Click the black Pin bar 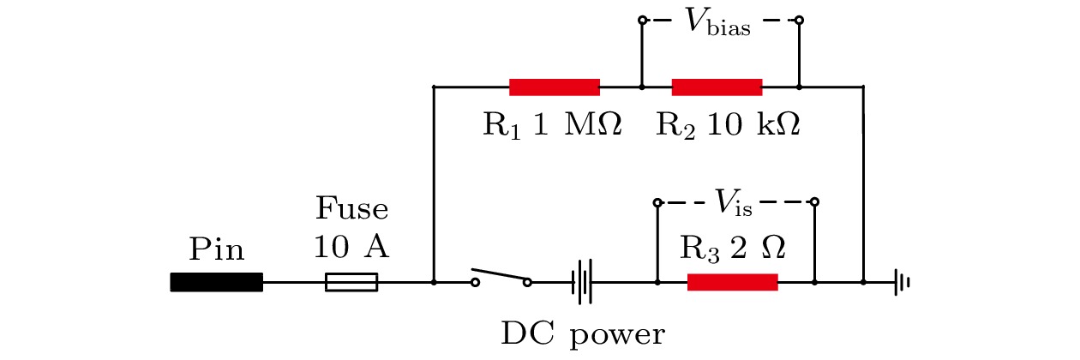pos(216,282)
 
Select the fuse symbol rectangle pos(351,282)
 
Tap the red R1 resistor pos(555,87)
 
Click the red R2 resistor pos(717,87)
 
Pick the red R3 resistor pos(733,282)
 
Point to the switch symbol pos(501,278)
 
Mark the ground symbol pos(899,282)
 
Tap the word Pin pos(216,250)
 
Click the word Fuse pos(351,210)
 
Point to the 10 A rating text pos(351,249)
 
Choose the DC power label pos(582,333)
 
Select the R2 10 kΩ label pos(728,125)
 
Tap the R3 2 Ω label pos(733,249)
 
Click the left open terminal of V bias pos(641,20)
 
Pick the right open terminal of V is pos(814,202)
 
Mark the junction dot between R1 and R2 pos(641,87)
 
